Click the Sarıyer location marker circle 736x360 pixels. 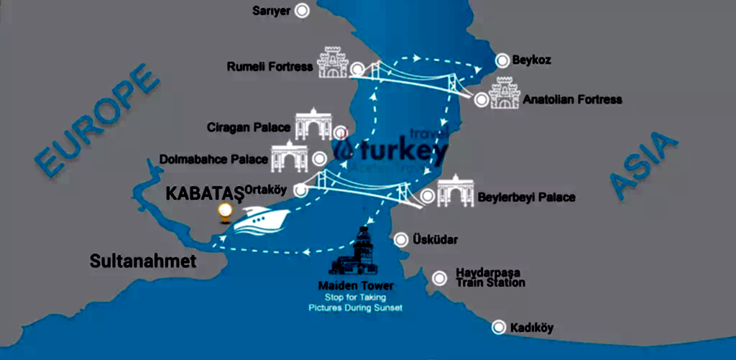tap(303, 11)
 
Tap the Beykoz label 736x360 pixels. tap(531, 60)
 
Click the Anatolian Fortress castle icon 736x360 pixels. tap(504, 95)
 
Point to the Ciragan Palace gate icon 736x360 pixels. tap(312, 126)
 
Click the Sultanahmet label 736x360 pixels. tap(143, 262)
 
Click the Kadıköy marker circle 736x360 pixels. tap(498, 328)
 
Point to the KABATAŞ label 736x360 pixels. tap(205, 194)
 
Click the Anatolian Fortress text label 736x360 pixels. tap(572, 99)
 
